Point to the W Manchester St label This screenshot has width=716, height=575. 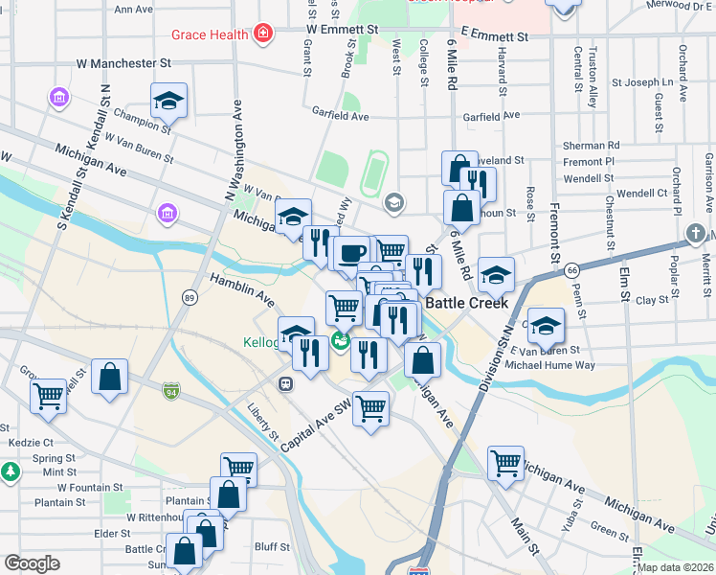point(123,63)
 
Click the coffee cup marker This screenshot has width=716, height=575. point(352,253)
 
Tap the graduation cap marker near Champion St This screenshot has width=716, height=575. point(168,100)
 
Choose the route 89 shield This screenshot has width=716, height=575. point(190,299)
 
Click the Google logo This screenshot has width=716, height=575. point(32,563)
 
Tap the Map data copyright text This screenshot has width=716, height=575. point(676,567)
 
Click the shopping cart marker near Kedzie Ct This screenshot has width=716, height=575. point(48,395)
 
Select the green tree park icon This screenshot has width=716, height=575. point(10,471)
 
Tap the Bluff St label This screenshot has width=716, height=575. point(273,547)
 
